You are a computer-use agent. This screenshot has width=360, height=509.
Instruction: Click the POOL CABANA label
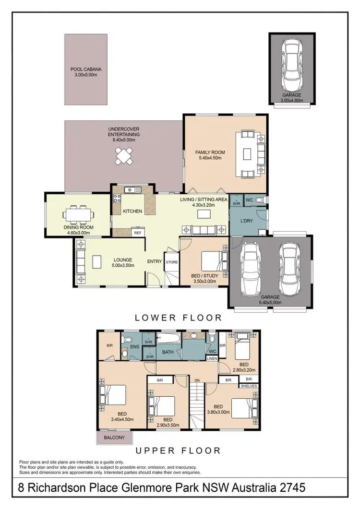click(86, 69)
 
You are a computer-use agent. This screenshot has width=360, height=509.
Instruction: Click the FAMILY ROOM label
click(210, 152)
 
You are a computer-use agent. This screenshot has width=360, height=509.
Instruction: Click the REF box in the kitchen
click(137, 233)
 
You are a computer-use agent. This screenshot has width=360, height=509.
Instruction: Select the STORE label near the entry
click(171, 262)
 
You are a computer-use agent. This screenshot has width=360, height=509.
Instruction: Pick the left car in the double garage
click(251, 270)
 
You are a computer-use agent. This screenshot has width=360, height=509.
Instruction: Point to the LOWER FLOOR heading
click(178, 318)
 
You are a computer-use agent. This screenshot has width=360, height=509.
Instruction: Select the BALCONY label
click(115, 438)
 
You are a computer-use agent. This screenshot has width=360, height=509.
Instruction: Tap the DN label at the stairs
click(197, 380)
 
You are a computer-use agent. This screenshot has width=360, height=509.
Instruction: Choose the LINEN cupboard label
click(212, 358)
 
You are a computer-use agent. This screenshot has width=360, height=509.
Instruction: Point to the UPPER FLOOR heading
click(178, 451)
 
